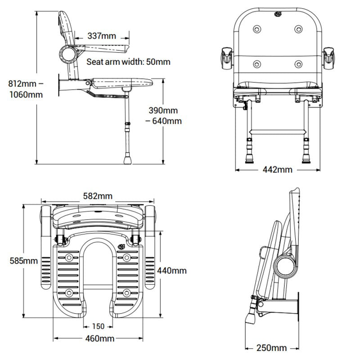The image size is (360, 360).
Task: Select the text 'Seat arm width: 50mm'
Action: click(128, 62)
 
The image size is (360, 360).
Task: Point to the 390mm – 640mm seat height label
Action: click(163, 116)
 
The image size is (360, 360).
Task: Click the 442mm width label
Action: click(277, 169)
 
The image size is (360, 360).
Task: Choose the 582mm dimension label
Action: click(98, 196)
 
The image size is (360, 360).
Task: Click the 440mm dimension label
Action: click(172, 270)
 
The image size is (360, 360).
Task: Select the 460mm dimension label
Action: click(99, 338)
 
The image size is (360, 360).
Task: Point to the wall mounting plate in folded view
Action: click(298, 313)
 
